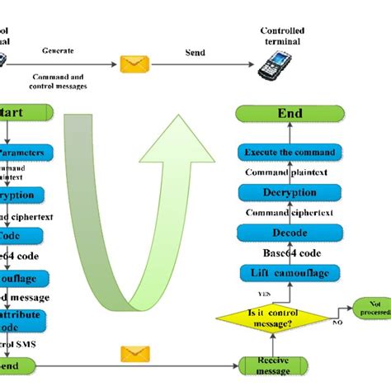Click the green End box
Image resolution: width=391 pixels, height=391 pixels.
tap(289, 113)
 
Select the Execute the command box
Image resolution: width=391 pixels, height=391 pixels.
tap(289, 153)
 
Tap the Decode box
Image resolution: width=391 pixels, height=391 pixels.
tap(289, 233)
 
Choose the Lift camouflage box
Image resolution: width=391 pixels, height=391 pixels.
tap(289, 273)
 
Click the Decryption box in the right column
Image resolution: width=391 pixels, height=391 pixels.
tap(289, 192)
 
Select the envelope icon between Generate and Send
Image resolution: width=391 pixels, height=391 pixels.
tap(132, 63)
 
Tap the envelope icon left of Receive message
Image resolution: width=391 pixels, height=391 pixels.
tap(132, 354)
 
